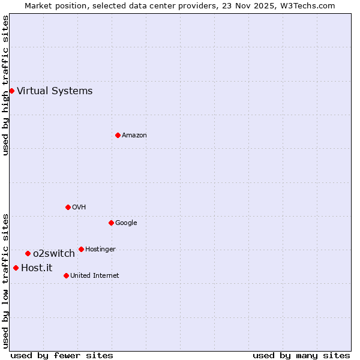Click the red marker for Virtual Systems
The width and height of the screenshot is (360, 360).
pyautogui.click(x=11, y=91)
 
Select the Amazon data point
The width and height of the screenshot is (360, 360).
pyautogui.click(x=118, y=135)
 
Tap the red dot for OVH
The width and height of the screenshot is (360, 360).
pyautogui.click(x=68, y=207)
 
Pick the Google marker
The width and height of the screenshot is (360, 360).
pyautogui.click(x=111, y=223)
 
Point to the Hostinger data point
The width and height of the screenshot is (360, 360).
pyautogui.click(x=81, y=249)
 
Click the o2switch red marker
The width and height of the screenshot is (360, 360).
pyautogui.click(x=28, y=253)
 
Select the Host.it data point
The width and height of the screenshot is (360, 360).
pyautogui.click(x=16, y=268)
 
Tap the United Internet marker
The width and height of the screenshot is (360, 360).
pyautogui.click(x=66, y=275)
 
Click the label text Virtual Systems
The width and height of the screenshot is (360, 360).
pyautogui.click(x=55, y=91)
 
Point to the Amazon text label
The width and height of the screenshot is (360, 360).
pyautogui.click(x=134, y=136)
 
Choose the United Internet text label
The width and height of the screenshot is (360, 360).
pyautogui.click(x=94, y=276)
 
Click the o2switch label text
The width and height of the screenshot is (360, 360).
pyautogui.click(x=53, y=254)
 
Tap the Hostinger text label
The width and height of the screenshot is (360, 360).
pyautogui.click(x=100, y=250)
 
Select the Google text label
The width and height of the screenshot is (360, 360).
pyautogui.click(x=126, y=223)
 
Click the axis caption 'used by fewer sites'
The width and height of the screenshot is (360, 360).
pyautogui.click(x=62, y=355)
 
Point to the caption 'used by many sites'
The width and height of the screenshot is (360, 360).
pyautogui.click(x=301, y=355)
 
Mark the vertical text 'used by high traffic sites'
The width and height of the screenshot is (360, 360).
pyautogui.click(x=5, y=85)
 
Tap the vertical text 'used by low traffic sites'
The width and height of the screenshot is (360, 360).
pyautogui.click(x=5, y=280)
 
